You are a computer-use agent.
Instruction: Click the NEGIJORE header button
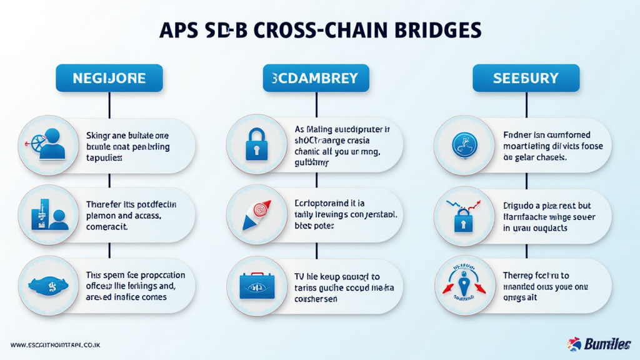point(109,78)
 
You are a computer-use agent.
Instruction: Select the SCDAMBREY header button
point(316,78)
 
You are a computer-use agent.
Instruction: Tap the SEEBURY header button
point(526,78)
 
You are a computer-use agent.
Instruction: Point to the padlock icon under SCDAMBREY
point(256,145)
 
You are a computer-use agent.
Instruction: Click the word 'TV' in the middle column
point(300,276)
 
